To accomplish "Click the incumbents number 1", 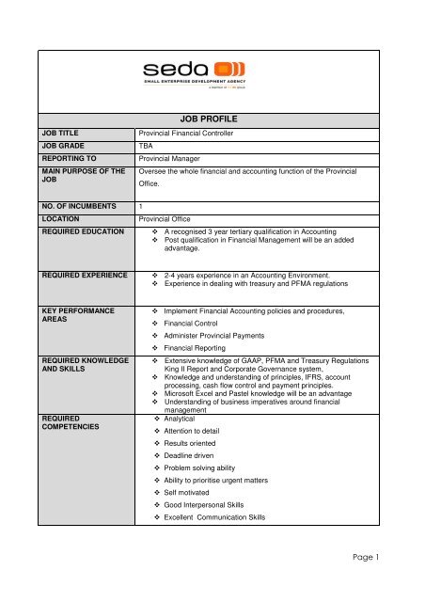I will click(141, 204).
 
